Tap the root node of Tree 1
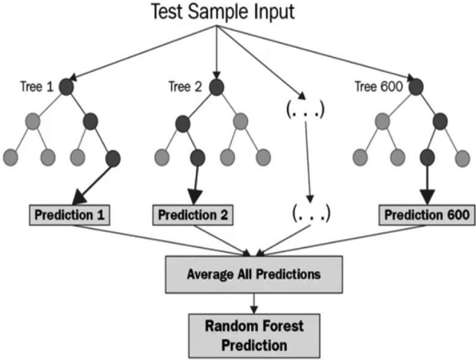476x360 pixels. [x=67, y=88]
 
